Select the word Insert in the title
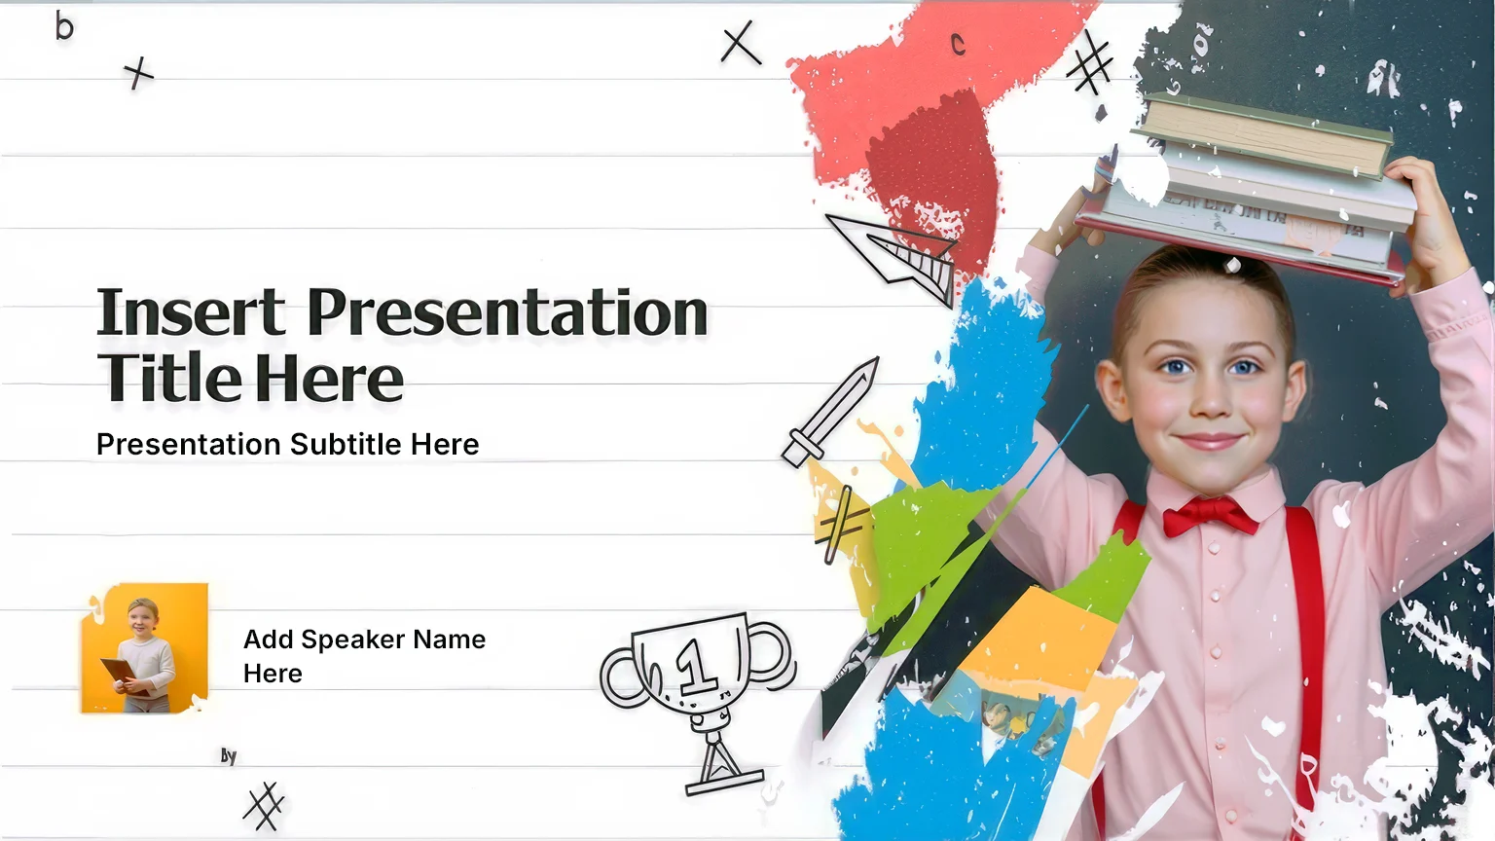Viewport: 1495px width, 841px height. [x=191, y=311]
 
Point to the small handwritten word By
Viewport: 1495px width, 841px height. [x=229, y=756]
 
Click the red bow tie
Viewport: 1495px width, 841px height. [x=1210, y=516]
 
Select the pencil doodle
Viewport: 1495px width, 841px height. [x=830, y=412]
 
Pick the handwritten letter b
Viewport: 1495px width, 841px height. [x=64, y=27]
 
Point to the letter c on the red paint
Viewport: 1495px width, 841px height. [x=959, y=45]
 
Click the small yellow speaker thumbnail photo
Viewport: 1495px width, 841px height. [x=145, y=648]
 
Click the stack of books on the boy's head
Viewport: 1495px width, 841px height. [x=1248, y=190]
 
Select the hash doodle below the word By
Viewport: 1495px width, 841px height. [x=264, y=806]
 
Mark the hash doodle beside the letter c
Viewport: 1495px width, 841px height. [x=1089, y=62]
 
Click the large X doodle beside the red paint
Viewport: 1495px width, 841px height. [x=740, y=42]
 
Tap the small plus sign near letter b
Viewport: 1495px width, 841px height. [x=138, y=73]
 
